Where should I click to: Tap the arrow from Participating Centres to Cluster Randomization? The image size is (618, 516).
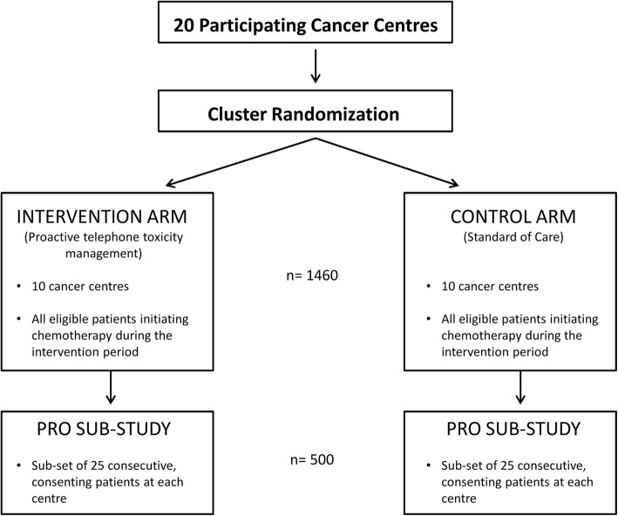(316, 66)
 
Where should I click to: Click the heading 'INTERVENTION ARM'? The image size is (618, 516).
(102, 216)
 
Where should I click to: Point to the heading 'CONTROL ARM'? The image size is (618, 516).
(513, 216)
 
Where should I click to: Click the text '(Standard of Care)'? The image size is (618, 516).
(513, 237)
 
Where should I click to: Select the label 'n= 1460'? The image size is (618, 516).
(312, 275)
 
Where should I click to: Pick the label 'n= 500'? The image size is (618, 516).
(312, 459)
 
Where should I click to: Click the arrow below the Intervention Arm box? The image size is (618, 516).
(111, 388)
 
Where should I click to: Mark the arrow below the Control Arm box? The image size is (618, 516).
(520, 388)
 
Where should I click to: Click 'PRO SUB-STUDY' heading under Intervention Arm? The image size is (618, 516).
(104, 429)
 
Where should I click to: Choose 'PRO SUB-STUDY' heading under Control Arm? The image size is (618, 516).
(513, 429)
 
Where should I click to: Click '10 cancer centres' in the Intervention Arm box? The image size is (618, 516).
(80, 286)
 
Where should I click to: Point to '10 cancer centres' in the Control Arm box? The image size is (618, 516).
(490, 286)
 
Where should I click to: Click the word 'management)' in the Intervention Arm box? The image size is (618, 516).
(104, 253)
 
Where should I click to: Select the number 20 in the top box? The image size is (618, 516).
(184, 25)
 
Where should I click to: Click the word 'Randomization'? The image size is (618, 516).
(336, 114)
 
